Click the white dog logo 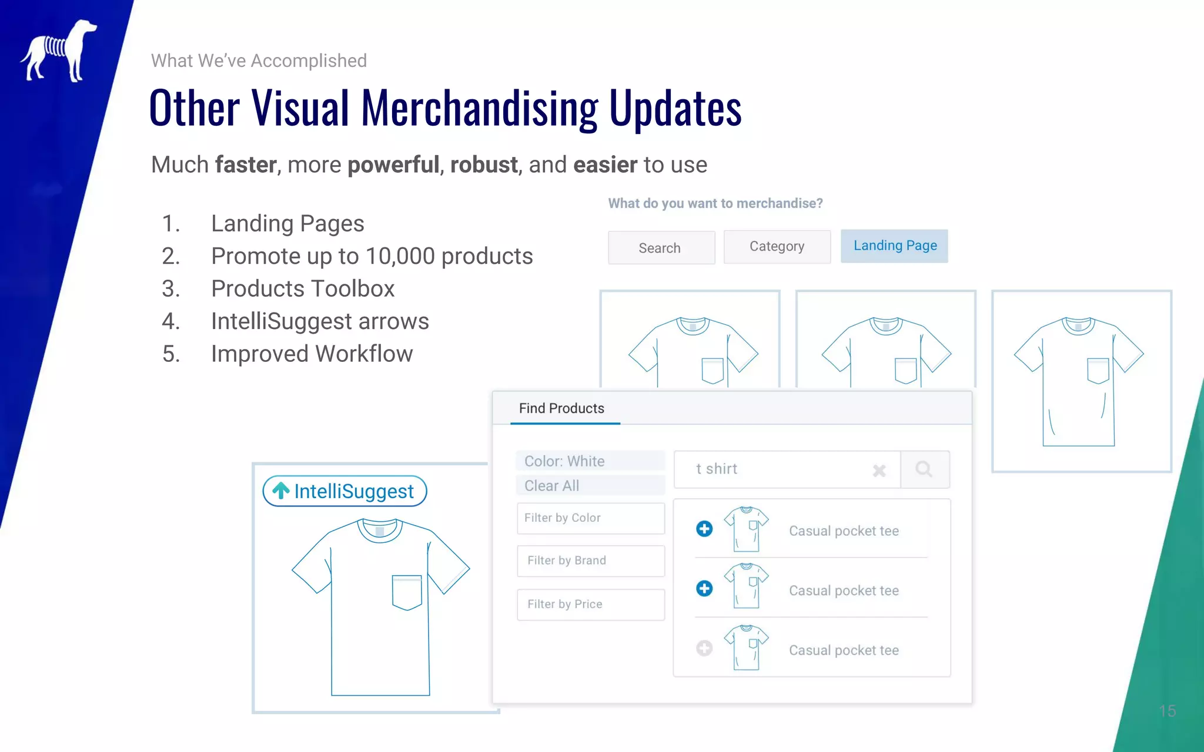(x=59, y=51)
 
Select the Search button (x=661, y=248)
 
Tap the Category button (x=777, y=247)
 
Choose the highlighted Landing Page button (x=894, y=246)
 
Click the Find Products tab (x=561, y=408)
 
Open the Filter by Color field (x=590, y=518)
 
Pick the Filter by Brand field (x=590, y=561)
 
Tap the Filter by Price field (x=590, y=605)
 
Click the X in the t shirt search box (x=879, y=471)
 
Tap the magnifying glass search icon (x=924, y=469)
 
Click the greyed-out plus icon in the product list (x=704, y=648)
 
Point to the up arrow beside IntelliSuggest (x=281, y=491)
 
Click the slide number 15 (x=1167, y=711)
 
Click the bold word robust (x=484, y=165)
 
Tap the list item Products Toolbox (x=303, y=289)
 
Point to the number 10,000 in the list (x=400, y=257)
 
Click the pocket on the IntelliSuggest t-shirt (x=407, y=592)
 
